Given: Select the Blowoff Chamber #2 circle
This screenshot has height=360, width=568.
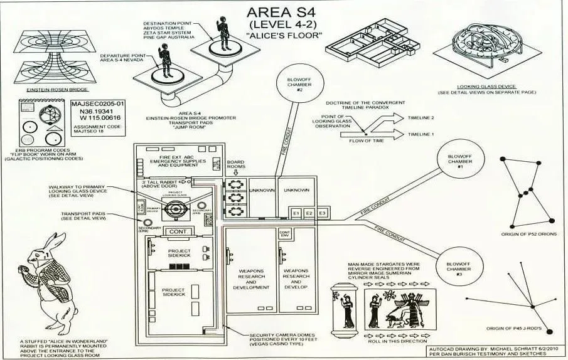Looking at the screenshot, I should click(296, 84).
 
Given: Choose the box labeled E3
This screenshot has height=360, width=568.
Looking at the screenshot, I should click(322, 214).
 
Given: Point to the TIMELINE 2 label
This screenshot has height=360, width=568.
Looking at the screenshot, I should click(421, 118).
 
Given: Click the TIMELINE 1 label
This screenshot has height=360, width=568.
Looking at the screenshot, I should click(421, 134).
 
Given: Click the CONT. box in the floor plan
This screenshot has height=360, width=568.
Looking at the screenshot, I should click(174, 231).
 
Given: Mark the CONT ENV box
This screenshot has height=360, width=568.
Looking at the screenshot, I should click(284, 235).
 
